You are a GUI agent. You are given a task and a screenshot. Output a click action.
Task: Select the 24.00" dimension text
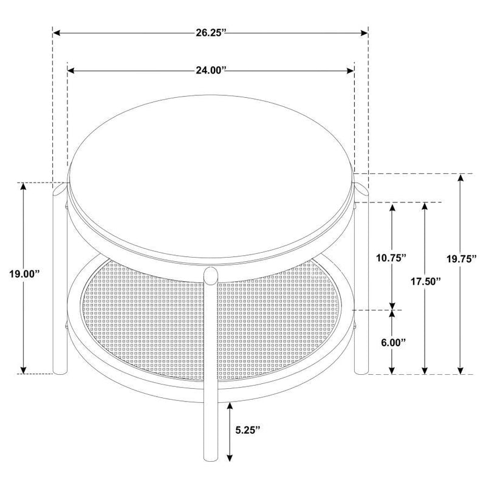tap(211, 71)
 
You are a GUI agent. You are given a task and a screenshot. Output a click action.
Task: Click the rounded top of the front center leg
tap(210, 273)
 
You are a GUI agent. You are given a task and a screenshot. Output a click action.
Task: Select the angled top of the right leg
tap(362, 190)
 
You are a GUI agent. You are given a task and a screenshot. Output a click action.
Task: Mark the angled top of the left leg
tap(58, 191)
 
